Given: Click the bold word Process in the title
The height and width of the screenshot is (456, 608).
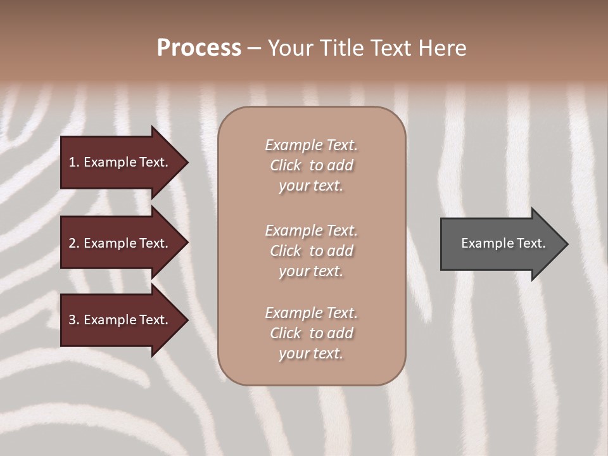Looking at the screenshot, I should click(199, 47).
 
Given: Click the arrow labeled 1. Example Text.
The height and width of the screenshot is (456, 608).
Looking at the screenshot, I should click(120, 162).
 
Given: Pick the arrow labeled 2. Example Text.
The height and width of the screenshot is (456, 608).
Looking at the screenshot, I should click(120, 243).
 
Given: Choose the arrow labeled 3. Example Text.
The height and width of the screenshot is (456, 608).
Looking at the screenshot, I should click(120, 320).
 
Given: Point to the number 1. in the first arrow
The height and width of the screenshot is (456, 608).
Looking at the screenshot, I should click(74, 162).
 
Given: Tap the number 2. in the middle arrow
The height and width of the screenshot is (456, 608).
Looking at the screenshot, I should click(74, 243).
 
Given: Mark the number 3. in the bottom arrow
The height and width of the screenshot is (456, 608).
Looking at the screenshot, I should click(74, 320).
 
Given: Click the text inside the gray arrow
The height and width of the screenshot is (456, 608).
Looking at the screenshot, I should click(503, 243).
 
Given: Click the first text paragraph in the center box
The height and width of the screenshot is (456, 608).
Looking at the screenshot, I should click(311, 165).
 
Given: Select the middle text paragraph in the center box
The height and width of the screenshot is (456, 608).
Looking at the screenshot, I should click(311, 250).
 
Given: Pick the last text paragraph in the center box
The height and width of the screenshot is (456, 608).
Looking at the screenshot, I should click(311, 333).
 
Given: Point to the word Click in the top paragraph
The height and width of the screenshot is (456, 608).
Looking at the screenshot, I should click(286, 165).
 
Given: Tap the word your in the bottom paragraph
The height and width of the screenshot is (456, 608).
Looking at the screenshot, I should click(293, 354).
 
